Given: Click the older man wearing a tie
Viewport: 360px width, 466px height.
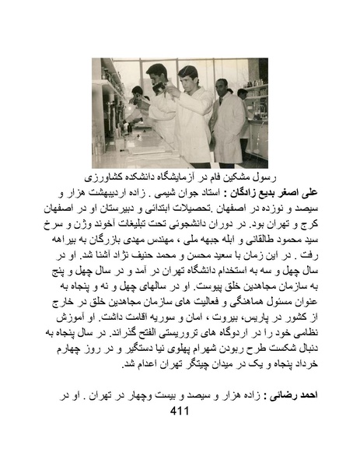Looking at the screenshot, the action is click(x=225, y=117).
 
